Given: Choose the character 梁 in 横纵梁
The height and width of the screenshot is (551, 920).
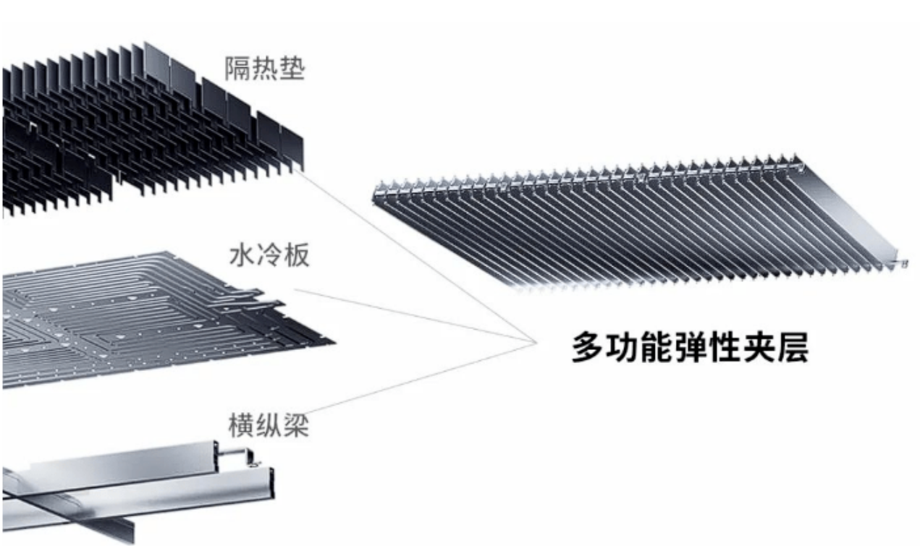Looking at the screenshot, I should pos(296,425).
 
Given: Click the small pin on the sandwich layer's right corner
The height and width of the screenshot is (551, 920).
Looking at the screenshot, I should pos(901,262).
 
